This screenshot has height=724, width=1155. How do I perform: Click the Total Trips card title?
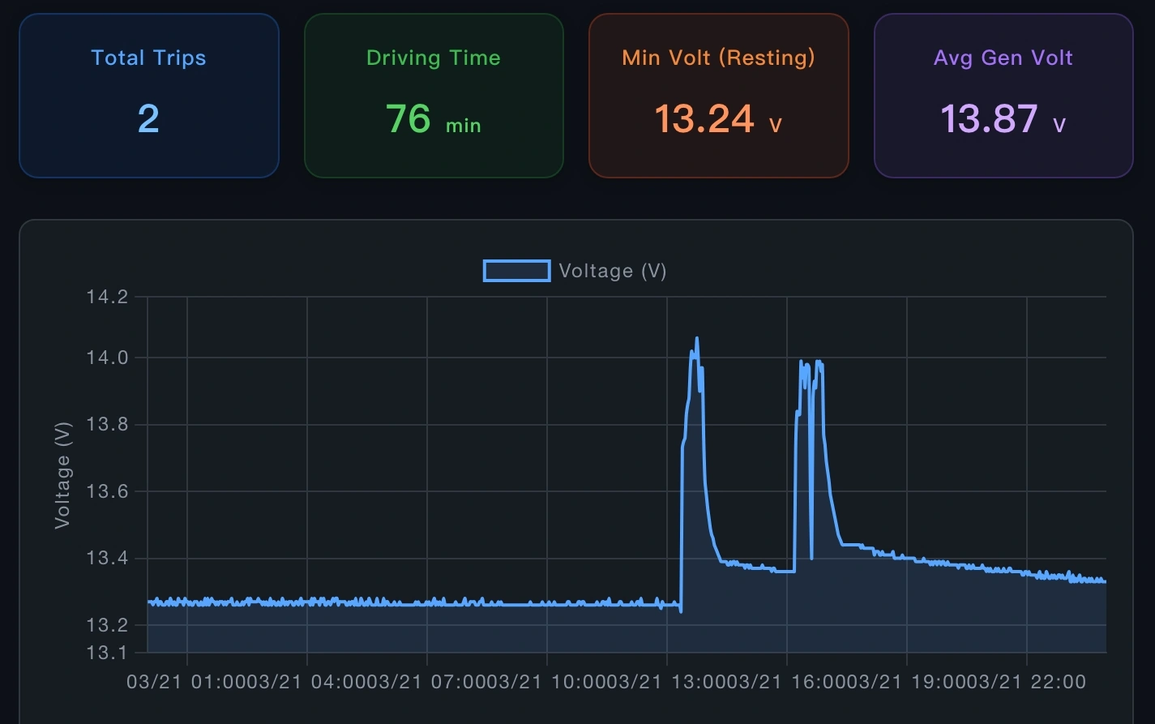[148, 58]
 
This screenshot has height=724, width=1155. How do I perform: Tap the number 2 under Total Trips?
[148, 119]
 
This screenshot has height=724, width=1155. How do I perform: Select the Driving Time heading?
[434, 58]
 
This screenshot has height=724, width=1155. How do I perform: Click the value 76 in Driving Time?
[408, 119]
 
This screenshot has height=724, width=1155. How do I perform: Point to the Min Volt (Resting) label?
[718, 58]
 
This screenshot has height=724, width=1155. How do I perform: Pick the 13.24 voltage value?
[704, 119]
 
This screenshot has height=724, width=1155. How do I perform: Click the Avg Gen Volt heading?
[1003, 58]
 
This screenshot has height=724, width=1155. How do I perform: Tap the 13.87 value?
[989, 119]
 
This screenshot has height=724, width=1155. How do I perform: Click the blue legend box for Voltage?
[516, 271]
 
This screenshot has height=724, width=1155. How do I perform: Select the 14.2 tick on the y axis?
[107, 297]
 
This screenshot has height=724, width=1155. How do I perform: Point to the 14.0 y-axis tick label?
[107, 358]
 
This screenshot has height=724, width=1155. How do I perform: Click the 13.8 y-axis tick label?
[107, 425]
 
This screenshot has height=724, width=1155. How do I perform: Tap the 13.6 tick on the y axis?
[107, 491]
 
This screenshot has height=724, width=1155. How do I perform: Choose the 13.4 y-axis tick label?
[107, 559]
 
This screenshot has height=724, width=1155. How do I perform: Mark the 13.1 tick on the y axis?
[107, 653]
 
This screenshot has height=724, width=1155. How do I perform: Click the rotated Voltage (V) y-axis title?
[62, 474]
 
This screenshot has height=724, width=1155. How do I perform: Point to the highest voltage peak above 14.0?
[697, 338]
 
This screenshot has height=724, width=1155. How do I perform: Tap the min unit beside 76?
[463, 126]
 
